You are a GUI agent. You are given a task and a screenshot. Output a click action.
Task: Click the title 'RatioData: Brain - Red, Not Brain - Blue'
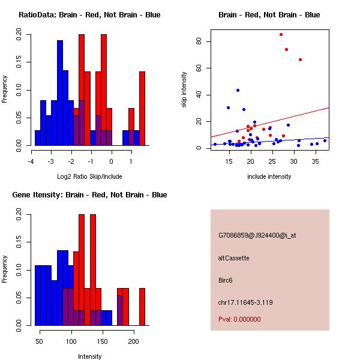89,15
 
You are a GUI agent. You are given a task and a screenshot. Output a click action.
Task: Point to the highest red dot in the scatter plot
281,34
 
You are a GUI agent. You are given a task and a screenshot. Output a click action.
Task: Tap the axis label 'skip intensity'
184,90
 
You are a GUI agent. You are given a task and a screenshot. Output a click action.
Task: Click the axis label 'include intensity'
269,176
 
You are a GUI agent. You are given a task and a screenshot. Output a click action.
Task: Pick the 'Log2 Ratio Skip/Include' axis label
89,176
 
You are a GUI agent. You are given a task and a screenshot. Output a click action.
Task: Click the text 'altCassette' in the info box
233,258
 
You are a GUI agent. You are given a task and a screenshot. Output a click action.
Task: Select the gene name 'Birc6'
226,280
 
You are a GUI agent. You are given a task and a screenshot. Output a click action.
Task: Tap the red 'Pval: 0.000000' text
239,319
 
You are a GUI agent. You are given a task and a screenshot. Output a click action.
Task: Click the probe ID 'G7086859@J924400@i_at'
257,236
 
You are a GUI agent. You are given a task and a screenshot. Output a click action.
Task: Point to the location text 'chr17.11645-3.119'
245,302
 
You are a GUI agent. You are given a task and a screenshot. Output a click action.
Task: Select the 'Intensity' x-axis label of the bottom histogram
89,356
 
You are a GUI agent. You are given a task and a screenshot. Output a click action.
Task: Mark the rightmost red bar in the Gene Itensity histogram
142,307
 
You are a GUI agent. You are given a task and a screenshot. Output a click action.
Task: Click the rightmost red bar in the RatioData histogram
142,108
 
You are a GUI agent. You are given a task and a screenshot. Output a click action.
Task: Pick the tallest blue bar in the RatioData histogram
60,93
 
